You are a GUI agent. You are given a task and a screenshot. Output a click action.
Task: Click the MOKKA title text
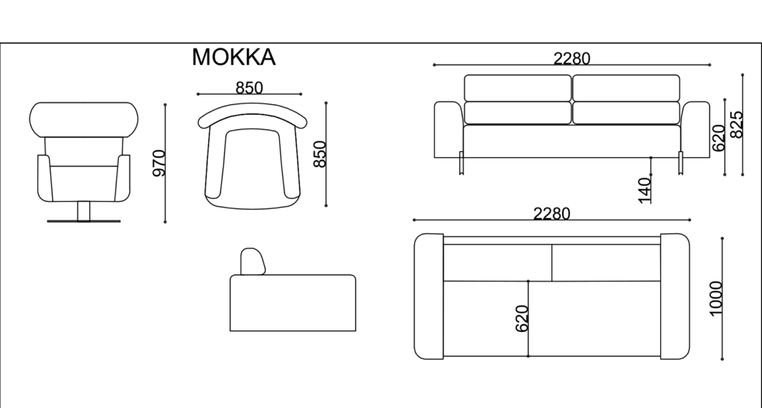(234, 57)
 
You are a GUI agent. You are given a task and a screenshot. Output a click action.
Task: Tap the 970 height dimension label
(159, 163)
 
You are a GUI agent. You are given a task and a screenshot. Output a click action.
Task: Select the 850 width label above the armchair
(249, 88)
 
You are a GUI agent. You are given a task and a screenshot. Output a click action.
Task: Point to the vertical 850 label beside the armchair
(320, 154)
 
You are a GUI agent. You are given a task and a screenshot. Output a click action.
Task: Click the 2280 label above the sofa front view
(572, 59)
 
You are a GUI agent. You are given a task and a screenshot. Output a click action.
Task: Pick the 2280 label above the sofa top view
(551, 214)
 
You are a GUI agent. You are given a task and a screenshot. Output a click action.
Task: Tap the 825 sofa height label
(737, 125)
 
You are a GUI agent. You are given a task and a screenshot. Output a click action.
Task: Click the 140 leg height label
(644, 191)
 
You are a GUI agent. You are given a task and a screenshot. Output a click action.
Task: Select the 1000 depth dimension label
(717, 299)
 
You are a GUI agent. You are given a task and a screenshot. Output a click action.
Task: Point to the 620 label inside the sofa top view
(522, 319)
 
